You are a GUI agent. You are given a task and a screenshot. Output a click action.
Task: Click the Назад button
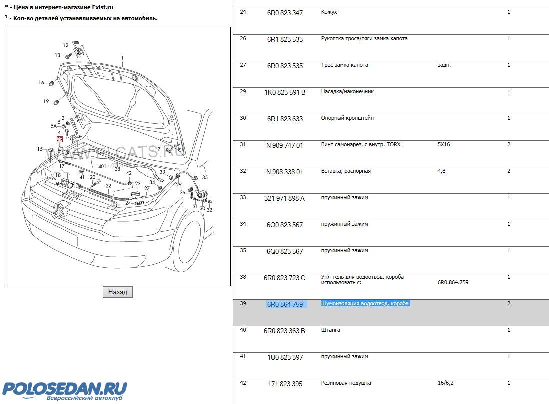pyautogui.click(x=118, y=292)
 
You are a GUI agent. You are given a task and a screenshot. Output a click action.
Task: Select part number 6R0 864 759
pyautogui.click(x=285, y=304)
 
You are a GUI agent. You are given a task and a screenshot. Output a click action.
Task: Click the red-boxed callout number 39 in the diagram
pyautogui.click(x=60, y=139)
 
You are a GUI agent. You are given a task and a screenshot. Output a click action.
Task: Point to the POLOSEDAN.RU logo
pyautogui.click(x=65, y=389)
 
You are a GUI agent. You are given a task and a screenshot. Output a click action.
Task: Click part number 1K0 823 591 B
pyautogui.click(x=285, y=92)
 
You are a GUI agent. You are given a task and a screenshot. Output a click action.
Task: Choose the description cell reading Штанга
pyautogui.click(x=330, y=330)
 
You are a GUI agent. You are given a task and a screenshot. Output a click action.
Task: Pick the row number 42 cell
pyautogui.click(x=243, y=383)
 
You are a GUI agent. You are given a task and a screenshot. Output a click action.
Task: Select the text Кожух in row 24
pyautogui.click(x=329, y=12)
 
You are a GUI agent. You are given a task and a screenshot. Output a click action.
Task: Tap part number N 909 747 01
pyautogui.click(x=285, y=145)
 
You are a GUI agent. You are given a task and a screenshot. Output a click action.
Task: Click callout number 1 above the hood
pyautogui.click(x=121, y=58)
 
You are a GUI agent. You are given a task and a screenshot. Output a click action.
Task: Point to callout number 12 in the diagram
pyautogui.click(x=65, y=45)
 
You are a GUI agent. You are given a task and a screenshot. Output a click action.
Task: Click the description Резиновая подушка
pyautogui.click(x=346, y=383)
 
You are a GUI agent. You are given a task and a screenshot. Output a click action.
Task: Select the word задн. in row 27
pyautogui.click(x=444, y=65)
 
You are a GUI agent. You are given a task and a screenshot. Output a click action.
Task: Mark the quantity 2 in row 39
pyautogui.click(x=509, y=304)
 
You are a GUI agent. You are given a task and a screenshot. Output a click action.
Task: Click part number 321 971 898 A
pyautogui.click(x=284, y=198)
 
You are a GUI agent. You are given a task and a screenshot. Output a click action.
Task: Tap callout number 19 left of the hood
pyautogui.click(x=46, y=101)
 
